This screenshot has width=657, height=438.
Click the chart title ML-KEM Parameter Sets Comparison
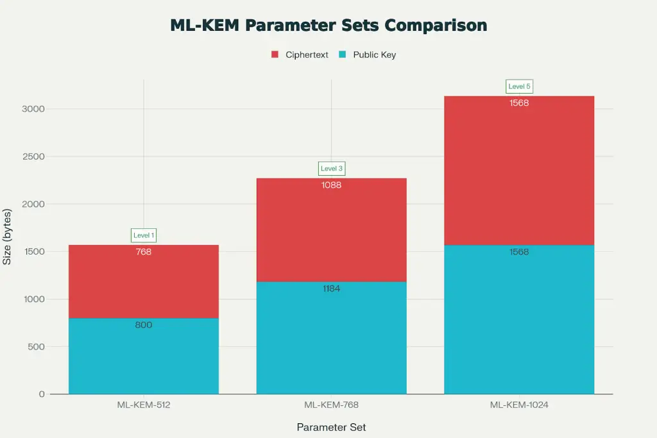(x=328, y=26)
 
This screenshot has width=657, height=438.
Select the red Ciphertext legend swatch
(x=275, y=55)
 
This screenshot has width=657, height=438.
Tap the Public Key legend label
(x=374, y=55)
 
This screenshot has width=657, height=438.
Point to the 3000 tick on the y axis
(x=33, y=109)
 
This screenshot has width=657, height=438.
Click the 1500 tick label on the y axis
(x=33, y=251)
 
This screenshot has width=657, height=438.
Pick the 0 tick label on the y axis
(x=42, y=394)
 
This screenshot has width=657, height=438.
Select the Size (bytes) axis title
(x=8, y=237)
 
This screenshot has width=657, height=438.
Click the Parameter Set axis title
(x=331, y=427)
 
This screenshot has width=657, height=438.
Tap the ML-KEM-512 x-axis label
(x=144, y=405)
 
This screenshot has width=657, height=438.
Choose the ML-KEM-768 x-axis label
(x=331, y=405)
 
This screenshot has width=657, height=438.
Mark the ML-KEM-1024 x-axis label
(x=519, y=405)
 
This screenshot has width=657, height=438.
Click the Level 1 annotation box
(x=144, y=235)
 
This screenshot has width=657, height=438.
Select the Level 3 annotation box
(x=332, y=169)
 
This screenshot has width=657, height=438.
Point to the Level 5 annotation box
(x=519, y=87)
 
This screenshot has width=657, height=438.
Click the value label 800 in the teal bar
(x=144, y=325)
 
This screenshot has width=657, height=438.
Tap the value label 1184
(x=332, y=289)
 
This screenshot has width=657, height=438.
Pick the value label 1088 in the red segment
(x=332, y=185)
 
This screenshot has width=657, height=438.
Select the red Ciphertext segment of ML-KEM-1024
(x=519, y=173)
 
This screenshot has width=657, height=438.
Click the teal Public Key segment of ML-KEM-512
(x=144, y=359)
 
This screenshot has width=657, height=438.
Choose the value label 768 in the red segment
(x=144, y=252)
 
